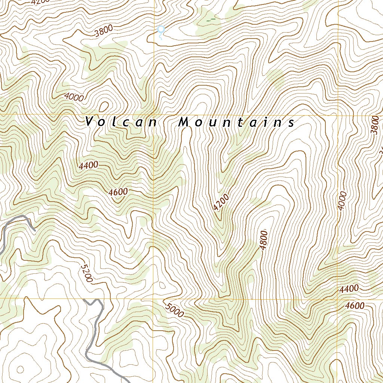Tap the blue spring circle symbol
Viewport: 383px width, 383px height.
coord(161,29)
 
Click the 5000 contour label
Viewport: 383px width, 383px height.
coord(174,310)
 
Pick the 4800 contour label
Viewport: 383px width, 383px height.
coord(264,241)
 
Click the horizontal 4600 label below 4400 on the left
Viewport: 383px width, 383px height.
coord(118,192)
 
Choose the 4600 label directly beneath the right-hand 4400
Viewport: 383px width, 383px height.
coord(355,306)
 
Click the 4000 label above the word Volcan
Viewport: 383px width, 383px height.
coord(74,97)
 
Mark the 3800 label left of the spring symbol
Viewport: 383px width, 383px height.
coord(104,32)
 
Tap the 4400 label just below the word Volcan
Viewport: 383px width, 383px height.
coord(89,165)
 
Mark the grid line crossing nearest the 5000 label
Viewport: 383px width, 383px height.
coord(153,298)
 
